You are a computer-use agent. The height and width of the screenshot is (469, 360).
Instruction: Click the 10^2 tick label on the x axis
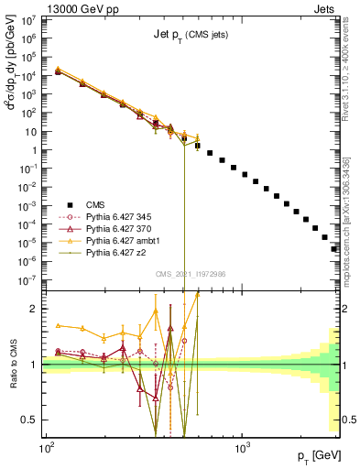[x=46, y=446]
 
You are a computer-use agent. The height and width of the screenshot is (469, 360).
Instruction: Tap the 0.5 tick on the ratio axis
[x=31, y=420]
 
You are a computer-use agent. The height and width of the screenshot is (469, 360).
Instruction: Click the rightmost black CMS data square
[x=334, y=248]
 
